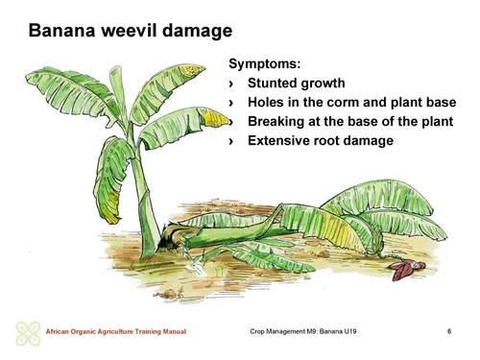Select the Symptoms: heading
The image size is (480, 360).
pos(264,64)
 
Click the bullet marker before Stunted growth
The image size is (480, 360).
pos(232,84)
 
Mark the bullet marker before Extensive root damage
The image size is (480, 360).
pos(232,141)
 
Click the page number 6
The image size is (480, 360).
pos(449,331)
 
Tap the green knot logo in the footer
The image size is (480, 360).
pos(27,333)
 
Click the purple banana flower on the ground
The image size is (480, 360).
pos(396,272)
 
